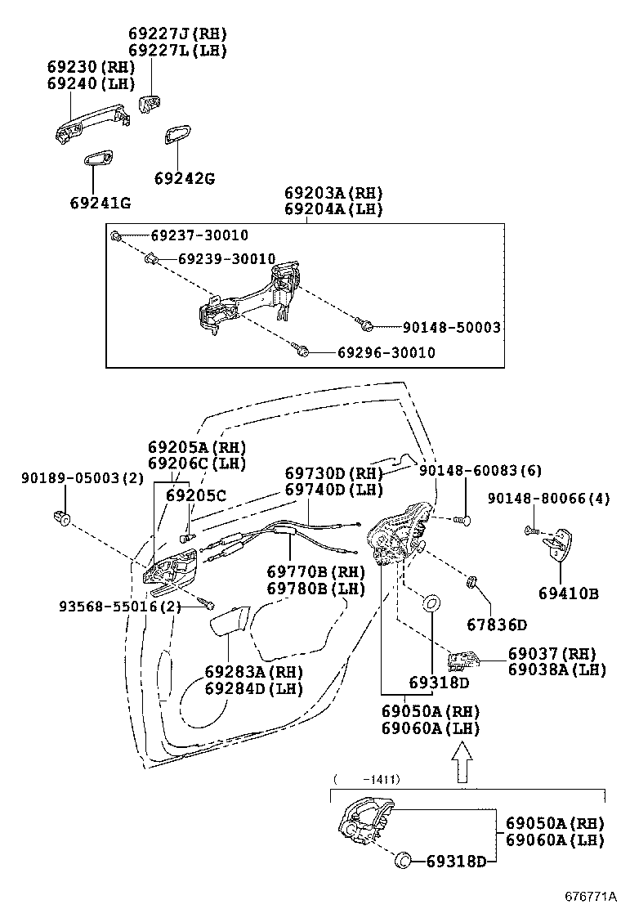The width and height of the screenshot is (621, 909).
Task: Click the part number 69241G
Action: pos(100,203)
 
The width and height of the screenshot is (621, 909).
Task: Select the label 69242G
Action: pos(185,178)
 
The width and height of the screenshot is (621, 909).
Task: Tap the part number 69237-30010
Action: pos(199,235)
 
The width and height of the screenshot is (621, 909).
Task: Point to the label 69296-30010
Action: pos(386,353)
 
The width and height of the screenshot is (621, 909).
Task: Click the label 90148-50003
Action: pos(451,327)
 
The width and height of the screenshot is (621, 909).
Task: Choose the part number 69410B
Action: pos(568,593)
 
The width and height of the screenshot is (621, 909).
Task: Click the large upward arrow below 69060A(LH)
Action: pos(462,761)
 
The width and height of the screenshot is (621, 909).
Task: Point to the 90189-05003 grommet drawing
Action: pos(61,517)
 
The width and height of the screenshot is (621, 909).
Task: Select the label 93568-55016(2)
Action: pos(119,607)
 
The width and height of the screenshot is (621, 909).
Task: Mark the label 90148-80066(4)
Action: pos(548,499)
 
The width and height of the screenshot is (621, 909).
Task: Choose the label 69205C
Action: pos(196,495)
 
